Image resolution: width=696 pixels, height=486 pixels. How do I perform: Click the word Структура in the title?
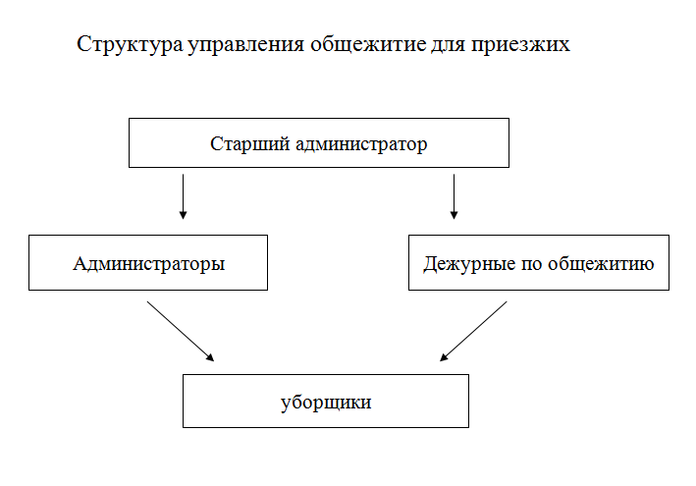pyautogui.click(x=130, y=45)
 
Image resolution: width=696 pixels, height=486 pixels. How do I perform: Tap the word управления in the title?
pyautogui.click(x=246, y=45)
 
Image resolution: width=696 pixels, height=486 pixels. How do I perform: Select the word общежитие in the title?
pyautogui.click(x=368, y=45)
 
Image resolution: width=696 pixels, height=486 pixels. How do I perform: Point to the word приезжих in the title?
pyautogui.click(x=520, y=45)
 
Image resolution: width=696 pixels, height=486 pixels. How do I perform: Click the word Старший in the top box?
pyautogui.click(x=250, y=144)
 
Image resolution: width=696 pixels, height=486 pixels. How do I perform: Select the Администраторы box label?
pyautogui.click(x=149, y=264)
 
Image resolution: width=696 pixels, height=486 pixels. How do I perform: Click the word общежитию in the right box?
pyautogui.click(x=601, y=263)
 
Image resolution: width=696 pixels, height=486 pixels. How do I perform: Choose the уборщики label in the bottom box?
pyautogui.click(x=326, y=403)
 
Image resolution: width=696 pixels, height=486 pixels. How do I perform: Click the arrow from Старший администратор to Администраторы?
pyautogui.click(x=183, y=196)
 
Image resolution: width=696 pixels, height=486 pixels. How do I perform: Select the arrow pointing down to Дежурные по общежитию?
pyautogui.click(x=454, y=196)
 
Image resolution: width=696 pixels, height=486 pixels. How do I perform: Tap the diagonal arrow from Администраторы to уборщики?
pyautogui.click(x=181, y=332)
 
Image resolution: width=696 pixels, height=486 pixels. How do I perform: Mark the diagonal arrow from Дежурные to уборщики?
pyautogui.click(x=473, y=332)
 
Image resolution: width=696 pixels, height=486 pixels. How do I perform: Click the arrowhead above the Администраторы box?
pyautogui.click(x=183, y=215)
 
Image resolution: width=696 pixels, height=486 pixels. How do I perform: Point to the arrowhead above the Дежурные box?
pyautogui.click(x=454, y=215)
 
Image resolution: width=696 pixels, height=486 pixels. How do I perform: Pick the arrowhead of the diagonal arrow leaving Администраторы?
pyautogui.click(x=210, y=357)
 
